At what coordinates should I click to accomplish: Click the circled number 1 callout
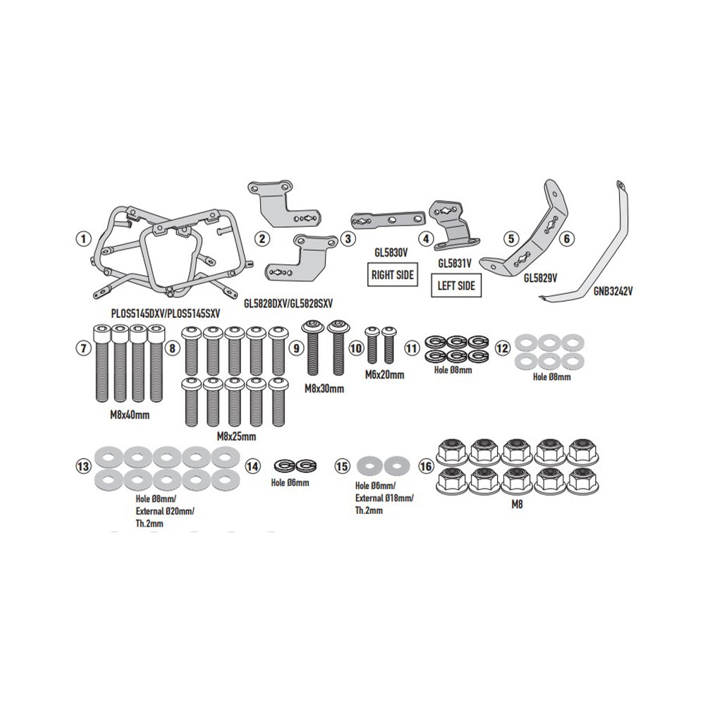pyautogui.click(x=83, y=239)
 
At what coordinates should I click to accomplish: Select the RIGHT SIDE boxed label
pyautogui.click(x=393, y=275)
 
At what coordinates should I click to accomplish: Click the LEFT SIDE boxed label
pyautogui.click(x=456, y=286)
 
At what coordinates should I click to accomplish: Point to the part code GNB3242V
pyautogui.click(x=613, y=291)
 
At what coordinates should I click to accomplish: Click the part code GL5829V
pyautogui.click(x=541, y=278)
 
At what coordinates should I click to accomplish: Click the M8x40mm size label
pyautogui.click(x=130, y=415)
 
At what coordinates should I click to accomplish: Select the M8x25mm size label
pyautogui.click(x=236, y=436)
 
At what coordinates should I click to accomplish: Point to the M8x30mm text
pyautogui.click(x=324, y=388)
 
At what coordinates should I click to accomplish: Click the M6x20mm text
pyautogui.click(x=384, y=374)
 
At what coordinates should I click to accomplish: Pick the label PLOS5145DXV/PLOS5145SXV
pyautogui.click(x=166, y=314)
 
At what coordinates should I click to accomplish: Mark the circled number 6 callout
pyautogui.click(x=567, y=238)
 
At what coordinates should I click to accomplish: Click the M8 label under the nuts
pyautogui.click(x=517, y=505)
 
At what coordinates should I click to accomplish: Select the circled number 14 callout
pyautogui.click(x=252, y=466)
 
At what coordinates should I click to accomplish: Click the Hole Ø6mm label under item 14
pyautogui.click(x=290, y=483)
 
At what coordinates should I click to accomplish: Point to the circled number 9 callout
pyautogui.click(x=295, y=348)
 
